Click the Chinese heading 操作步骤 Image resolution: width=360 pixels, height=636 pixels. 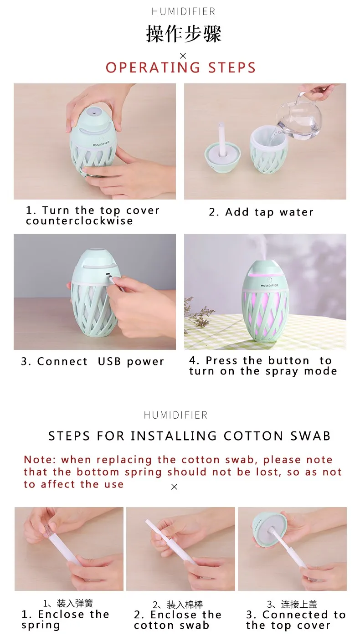183,34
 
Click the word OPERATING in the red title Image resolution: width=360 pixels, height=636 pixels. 153,67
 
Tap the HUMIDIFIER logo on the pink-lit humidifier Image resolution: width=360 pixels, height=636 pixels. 269,285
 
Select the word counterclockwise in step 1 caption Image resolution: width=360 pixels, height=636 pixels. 79,221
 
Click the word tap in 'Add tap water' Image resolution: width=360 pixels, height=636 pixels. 264,213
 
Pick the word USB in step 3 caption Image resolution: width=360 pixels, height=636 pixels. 109,361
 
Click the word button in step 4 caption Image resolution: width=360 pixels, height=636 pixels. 288,360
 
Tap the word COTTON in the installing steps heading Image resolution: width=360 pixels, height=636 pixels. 253,436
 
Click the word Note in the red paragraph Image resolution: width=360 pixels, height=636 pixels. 38,459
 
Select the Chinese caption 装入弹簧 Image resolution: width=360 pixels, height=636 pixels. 75,603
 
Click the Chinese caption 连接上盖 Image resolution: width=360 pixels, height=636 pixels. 299,604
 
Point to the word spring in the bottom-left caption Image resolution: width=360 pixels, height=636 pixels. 41,626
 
